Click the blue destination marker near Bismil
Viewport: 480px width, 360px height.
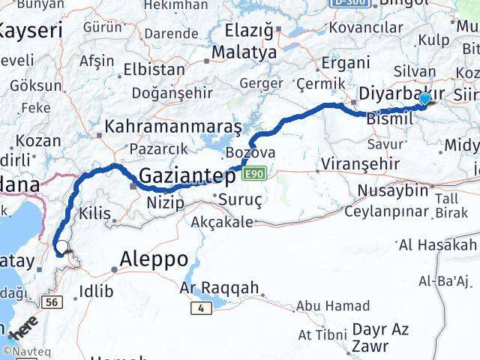pos(424,99)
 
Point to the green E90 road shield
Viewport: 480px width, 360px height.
pos(254,174)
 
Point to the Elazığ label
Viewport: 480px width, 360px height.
pos(250,31)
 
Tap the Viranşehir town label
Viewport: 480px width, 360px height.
pos(356,164)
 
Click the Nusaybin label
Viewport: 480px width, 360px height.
pos(393,190)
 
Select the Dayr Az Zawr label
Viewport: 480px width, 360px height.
pos(380,337)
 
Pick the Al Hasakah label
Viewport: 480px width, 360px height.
pos(438,245)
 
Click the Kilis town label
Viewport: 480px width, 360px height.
pos(94,213)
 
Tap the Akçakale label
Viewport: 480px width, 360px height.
pos(222,222)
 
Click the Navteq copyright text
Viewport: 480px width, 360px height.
pos(25,351)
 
